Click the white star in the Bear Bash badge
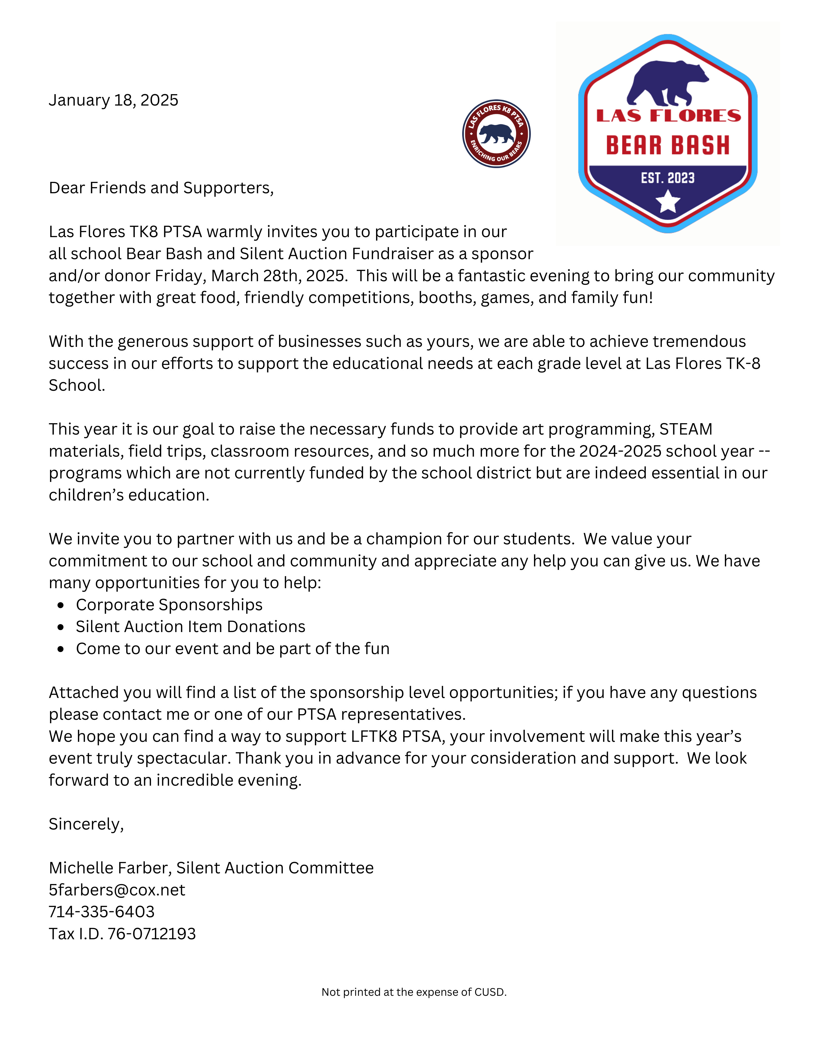[x=667, y=201]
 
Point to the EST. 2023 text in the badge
[x=667, y=178]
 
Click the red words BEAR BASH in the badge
[x=667, y=145]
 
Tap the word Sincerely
[x=86, y=824]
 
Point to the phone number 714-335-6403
[x=102, y=912]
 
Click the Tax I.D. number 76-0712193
[x=151, y=934]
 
